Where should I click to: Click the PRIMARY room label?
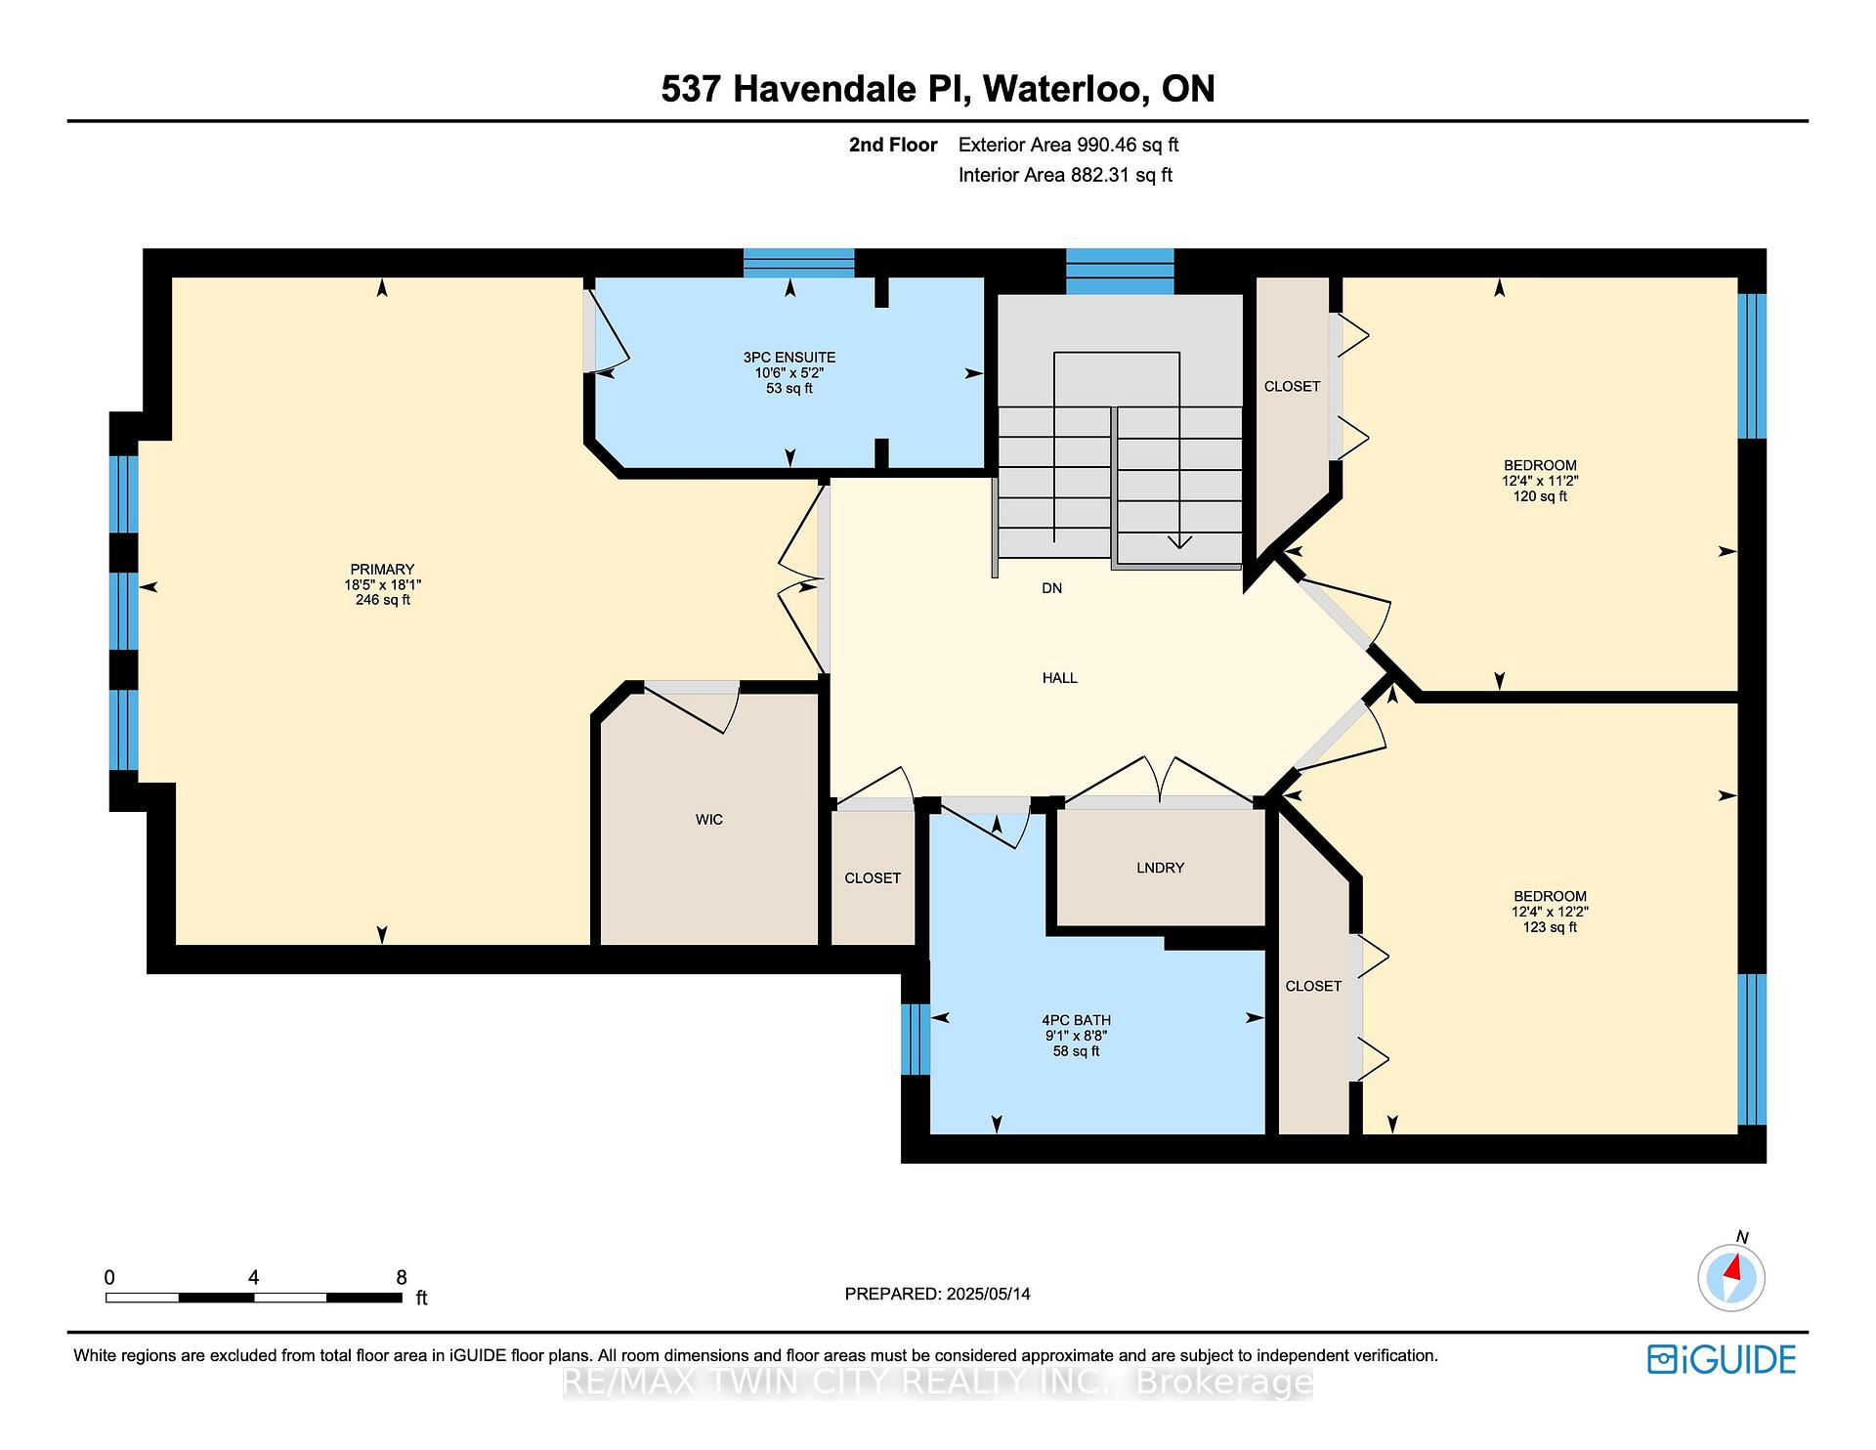382,570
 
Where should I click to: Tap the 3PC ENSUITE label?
789,358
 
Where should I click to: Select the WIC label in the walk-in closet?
709,820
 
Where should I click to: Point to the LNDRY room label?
1160,868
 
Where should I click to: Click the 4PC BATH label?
1076,1020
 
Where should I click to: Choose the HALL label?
1059,678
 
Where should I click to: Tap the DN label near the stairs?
1051,588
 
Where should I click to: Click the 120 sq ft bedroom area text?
1540,496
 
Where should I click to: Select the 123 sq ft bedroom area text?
1550,927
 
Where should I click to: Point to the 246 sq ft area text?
383,600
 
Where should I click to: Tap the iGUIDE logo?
1722,1359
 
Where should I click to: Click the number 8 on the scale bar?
401,1277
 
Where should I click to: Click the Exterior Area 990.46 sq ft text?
1068,145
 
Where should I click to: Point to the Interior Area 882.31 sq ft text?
1065,175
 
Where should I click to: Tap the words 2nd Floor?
893,145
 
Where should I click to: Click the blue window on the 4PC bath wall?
915,1039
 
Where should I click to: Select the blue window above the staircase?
1120,272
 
